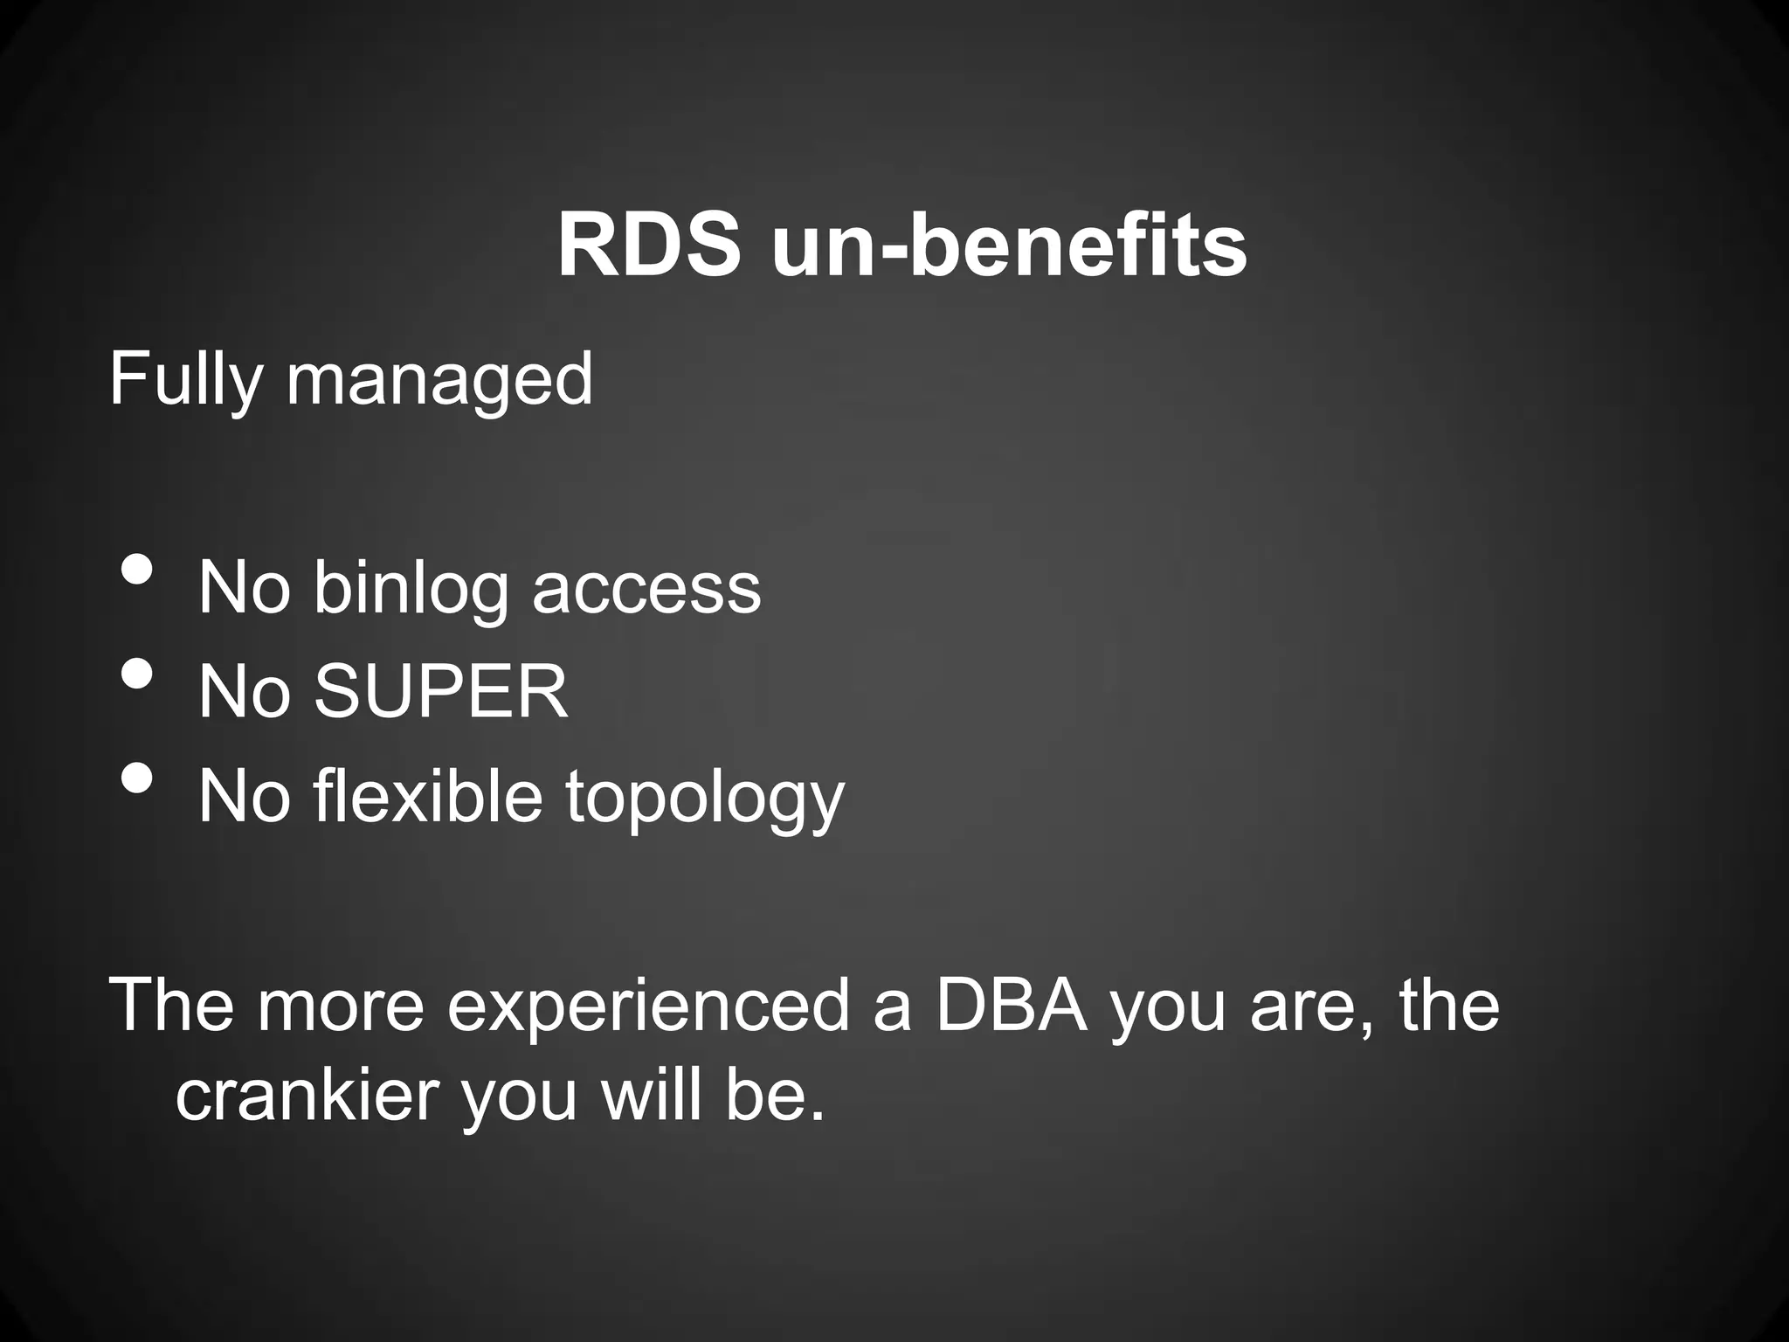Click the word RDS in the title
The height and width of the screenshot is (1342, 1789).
(648, 246)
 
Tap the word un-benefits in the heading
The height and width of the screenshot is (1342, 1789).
(1009, 246)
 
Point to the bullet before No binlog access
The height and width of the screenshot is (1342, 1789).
(136, 570)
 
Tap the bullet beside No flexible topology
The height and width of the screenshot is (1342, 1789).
(136, 778)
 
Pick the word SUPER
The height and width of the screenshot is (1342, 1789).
(441, 692)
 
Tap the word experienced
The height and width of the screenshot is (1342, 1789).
(648, 1006)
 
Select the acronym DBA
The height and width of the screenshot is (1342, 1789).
(1012, 1005)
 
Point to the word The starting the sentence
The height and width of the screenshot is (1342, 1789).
(171, 1005)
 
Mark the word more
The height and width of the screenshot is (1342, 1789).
(341, 1006)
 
